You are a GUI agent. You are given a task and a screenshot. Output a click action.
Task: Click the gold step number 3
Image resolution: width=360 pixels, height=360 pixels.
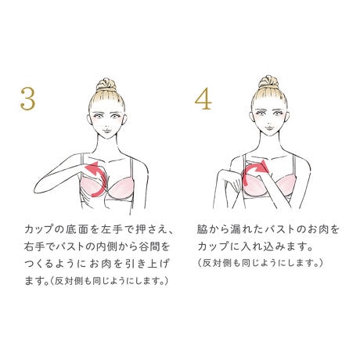click(x=27, y=99)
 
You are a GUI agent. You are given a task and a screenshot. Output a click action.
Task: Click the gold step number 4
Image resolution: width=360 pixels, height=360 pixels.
click(x=203, y=99)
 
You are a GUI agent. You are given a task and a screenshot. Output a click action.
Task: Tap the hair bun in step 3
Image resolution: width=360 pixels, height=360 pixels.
click(x=106, y=84)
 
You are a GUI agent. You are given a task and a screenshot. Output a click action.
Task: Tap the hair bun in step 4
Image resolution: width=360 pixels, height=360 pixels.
click(x=268, y=82)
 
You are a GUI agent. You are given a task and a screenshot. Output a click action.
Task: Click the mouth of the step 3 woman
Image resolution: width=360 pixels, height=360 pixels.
click(x=106, y=130)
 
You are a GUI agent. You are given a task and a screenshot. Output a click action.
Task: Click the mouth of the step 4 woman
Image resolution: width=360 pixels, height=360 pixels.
click(x=268, y=128)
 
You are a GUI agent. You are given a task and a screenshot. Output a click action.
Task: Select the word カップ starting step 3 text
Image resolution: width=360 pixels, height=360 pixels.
click(x=41, y=229)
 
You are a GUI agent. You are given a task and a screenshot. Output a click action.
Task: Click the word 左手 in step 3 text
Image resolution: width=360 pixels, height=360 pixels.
click(x=113, y=229)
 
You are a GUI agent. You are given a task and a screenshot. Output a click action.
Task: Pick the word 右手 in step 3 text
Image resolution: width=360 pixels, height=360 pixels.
click(x=33, y=247)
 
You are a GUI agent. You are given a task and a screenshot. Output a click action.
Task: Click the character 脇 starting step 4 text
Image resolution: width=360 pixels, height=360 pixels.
click(x=202, y=229)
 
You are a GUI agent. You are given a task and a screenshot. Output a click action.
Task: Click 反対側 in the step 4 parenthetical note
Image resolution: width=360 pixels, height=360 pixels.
click(x=217, y=263)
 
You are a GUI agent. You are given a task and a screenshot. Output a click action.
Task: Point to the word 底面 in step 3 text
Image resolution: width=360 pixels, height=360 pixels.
click(x=77, y=229)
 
